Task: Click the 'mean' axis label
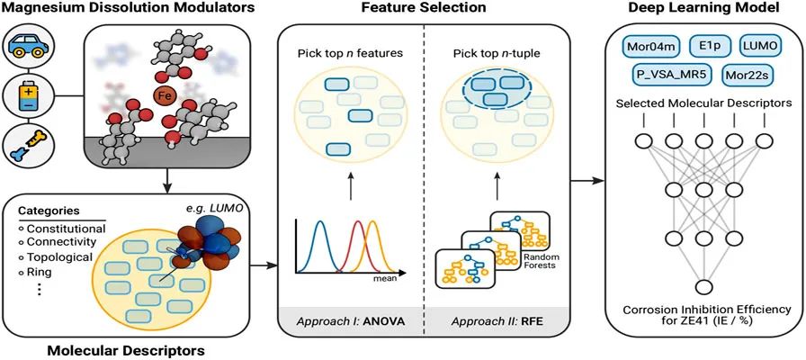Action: pyautogui.click(x=399, y=280)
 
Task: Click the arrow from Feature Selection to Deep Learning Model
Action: pyautogui.click(x=588, y=181)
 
